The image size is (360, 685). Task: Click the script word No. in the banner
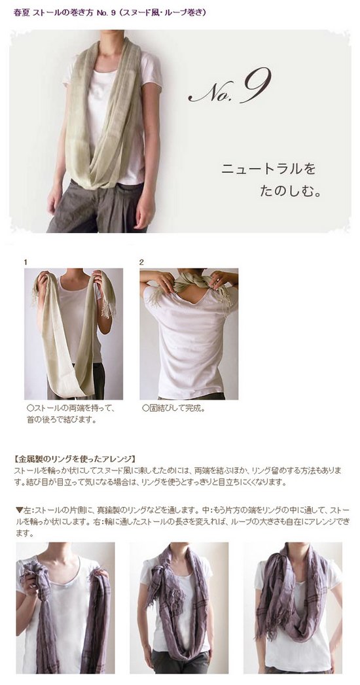[211, 92]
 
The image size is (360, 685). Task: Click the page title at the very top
[110, 12]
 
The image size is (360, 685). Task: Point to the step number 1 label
[26, 262]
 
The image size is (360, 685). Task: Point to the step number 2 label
[141, 262]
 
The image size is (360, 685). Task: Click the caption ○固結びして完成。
[173, 410]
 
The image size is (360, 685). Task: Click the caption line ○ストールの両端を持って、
[70, 410]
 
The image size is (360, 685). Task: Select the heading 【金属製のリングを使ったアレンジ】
[75, 459]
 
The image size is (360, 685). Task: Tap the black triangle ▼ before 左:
[19, 510]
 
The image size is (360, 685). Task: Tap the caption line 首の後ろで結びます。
[61, 421]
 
